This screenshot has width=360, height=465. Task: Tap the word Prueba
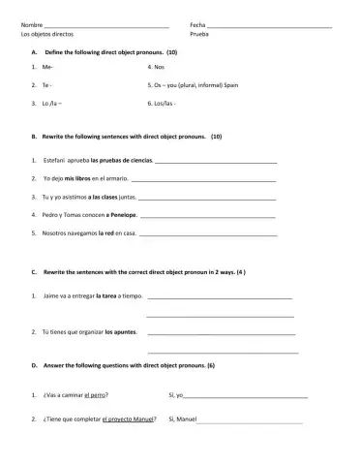point(199,33)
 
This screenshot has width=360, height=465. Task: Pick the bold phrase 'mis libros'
point(77,179)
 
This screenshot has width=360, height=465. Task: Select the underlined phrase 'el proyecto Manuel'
point(129,419)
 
